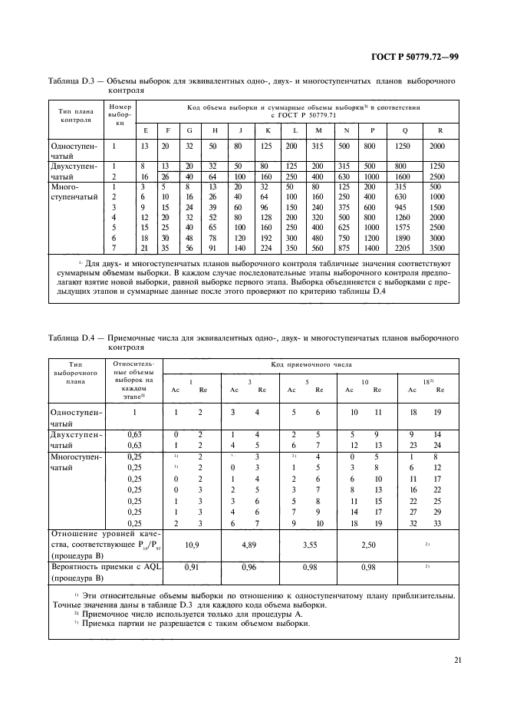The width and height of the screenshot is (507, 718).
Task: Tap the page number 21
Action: point(457,659)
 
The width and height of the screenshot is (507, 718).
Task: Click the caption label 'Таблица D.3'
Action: point(74,79)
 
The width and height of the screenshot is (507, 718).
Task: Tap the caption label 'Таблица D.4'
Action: point(74,337)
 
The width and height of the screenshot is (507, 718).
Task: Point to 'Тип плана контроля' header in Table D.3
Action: point(76,115)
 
